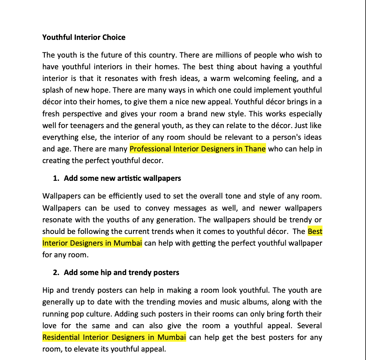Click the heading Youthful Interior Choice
tap(84, 37)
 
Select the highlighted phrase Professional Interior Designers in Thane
tap(198, 149)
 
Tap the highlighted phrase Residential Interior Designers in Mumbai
tap(114, 337)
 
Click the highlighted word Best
tap(315, 232)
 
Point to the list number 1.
tap(56, 178)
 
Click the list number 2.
tap(56, 273)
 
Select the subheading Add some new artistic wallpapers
tap(123, 178)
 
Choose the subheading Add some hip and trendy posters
tap(121, 273)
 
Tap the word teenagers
tap(95, 126)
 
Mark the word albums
tap(254, 302)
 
